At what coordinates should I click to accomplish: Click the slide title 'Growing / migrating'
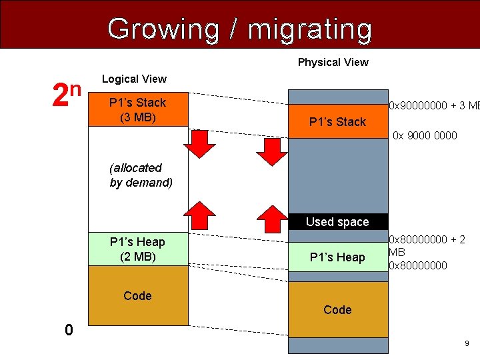[239, 29]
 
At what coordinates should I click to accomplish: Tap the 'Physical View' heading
[333, 62]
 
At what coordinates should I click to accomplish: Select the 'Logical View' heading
[134, 79]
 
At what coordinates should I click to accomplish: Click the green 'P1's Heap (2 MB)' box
[137, 249]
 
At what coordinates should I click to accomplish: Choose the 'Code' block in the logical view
[137, 296]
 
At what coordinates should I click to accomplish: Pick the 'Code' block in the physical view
[337, 309]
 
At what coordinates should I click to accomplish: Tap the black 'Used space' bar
[337, 222]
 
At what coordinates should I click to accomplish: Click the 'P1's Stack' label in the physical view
[337, 122]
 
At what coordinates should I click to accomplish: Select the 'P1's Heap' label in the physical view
[337, 257]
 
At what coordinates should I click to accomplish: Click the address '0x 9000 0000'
[425, 136]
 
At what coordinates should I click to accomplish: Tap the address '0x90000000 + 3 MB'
[434, 105]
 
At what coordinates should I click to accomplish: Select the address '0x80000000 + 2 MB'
[427, 246]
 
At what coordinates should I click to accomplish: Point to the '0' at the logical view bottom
[68, 329]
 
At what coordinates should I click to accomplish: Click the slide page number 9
[467, 343]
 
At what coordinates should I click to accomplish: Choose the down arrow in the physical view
[271, 149]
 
